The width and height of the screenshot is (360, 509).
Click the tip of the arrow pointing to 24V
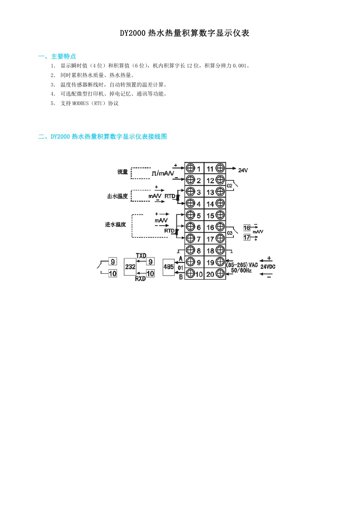click(x=236, y=168)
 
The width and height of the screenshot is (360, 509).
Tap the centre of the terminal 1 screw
click(x=190, y=168)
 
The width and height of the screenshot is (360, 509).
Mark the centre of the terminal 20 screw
click(x=220, y=274)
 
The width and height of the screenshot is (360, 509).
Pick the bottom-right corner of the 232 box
click(x=136, y=276)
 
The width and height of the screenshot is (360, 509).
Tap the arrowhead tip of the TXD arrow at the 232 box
click(x=136, y=262)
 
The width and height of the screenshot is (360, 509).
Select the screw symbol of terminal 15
click(x=220, y=215)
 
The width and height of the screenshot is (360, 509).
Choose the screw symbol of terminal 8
click(x=190, y=250)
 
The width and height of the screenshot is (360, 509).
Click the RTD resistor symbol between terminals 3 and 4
click(x=178, y=197)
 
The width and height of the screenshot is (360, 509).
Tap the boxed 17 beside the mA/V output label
click(x=247, y=238)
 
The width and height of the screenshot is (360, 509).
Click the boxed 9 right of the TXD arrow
click(x=150, y=262)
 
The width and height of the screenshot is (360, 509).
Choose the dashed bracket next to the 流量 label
click(x=140, y=173)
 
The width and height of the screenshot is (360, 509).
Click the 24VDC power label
click(x=268, y=267)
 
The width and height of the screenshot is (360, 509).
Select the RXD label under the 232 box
click(x=140, y=278)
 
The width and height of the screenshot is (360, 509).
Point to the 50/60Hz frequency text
click(x=241, y=271)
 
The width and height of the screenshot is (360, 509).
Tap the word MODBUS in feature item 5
click(x=80, y=103)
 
